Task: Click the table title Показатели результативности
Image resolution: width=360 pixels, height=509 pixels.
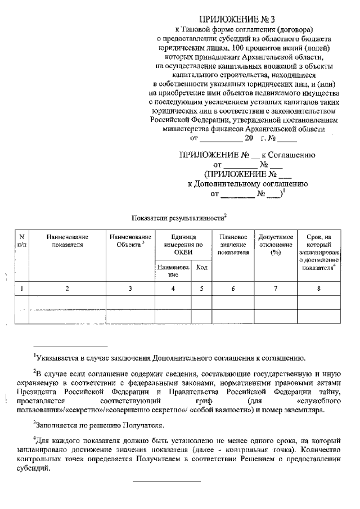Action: click(178, 218)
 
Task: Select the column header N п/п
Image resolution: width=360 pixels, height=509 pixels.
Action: click(21, 241)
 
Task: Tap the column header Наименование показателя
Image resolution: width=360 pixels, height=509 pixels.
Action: click(67, 241)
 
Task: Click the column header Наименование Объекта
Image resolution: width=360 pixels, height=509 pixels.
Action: click(130, 241)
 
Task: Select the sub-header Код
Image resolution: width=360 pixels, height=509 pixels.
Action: click(202, 268)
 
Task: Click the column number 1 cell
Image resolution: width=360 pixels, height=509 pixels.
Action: click(21, 289)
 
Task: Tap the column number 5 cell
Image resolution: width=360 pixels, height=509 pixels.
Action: click(202, 289)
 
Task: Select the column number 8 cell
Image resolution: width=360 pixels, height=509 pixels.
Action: click(319, 289)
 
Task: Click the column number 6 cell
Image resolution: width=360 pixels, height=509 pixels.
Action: click(233, 289)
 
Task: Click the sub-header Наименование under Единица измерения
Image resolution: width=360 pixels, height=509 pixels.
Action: click(173, 271)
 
